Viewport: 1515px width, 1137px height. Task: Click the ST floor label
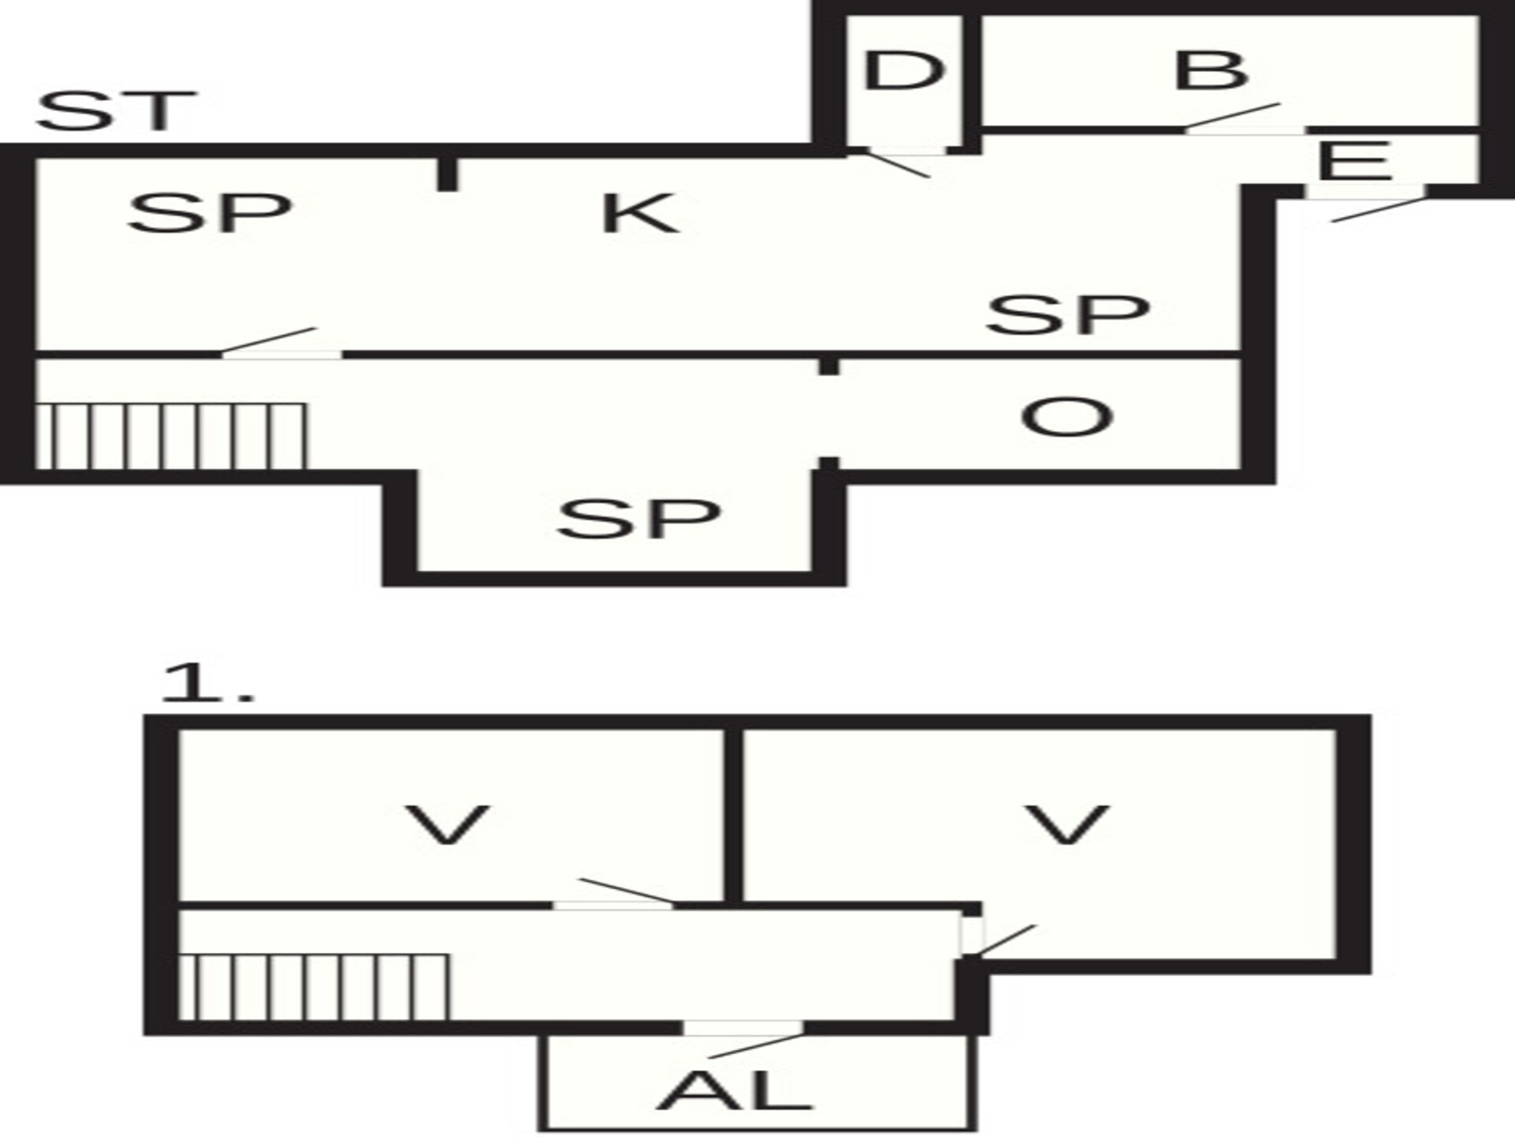point(116,111)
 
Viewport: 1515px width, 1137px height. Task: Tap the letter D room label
point(903,70)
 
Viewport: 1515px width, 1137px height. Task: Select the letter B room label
point(1210,70)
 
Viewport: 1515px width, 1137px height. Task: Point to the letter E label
point(1354,161)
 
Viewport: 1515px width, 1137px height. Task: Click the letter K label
point(640,213)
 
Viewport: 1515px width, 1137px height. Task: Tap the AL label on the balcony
point(734,1090)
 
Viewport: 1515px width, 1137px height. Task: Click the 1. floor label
point(208,684)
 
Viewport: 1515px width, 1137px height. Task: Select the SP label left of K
point(210,212)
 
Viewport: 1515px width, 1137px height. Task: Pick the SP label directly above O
point(1068,313)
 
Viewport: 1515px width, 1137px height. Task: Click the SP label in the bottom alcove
point(639,518)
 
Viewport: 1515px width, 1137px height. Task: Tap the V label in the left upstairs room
point(447,825)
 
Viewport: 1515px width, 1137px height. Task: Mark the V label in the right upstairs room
point(1067,825)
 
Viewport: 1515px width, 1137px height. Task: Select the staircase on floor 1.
point(314,987)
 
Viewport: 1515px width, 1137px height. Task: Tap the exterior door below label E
point(1365,203)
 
